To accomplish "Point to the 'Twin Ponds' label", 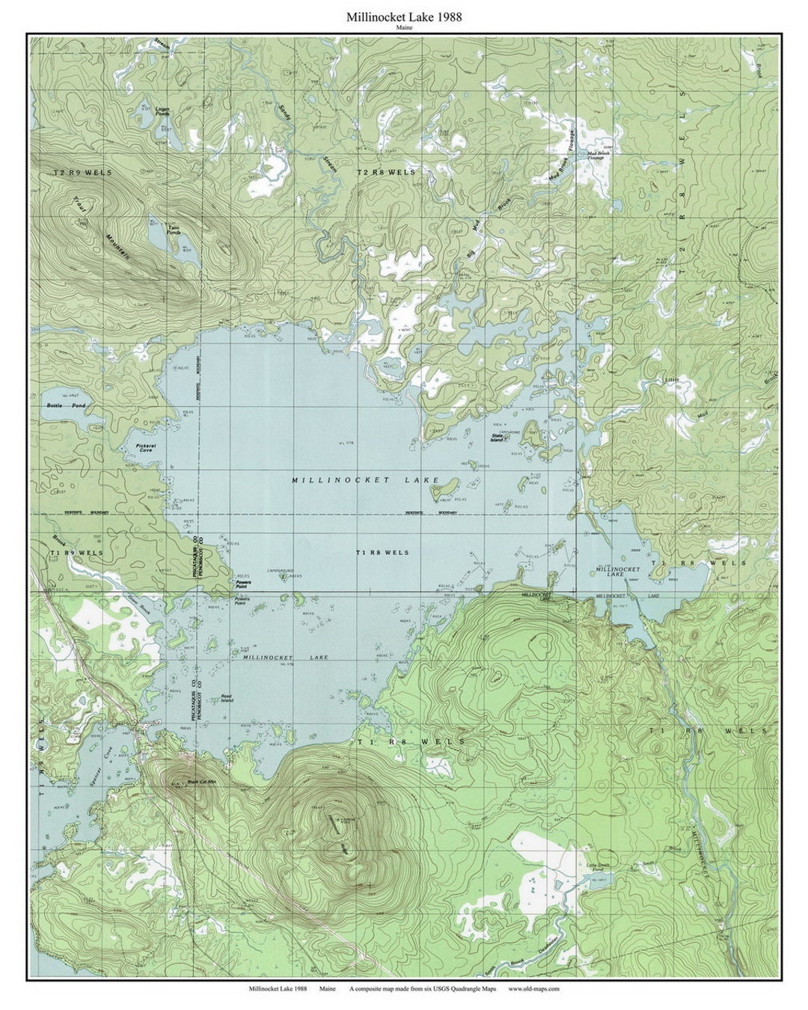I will (174, 230).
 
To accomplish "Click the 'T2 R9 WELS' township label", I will (82, 173).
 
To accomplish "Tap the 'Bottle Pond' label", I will (67, 405).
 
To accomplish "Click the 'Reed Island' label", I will (227, 699).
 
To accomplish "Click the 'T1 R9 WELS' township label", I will (76, 553).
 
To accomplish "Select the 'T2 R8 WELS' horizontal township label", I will (385, 173).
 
